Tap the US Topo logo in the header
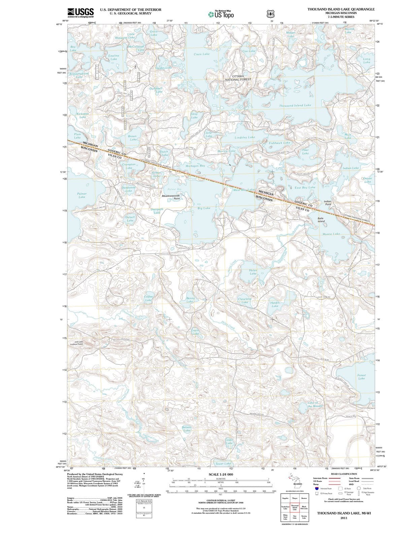(x=221, y=14)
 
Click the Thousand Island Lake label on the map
(x=295, y=105)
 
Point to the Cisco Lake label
(x=201, y=54)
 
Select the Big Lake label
(x=204, y=208)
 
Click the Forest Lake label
(x=361, y=377)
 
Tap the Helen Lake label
(x=253, y=272)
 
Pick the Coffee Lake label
(x=148, y=298)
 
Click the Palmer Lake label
(x=82, y=195)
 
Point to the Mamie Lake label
(x=331, y=234)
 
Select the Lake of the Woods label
(x=315, y=405)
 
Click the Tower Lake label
(x=223, y=464)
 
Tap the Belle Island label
(x=321, y=220)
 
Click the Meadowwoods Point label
(x=171, y=197)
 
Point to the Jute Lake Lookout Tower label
(x=76, y=343)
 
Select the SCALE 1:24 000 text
(x=221, y=474)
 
